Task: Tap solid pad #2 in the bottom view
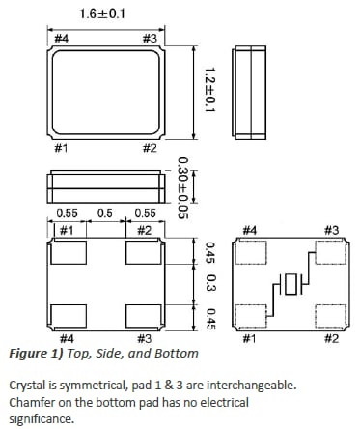click(x=143, y=256)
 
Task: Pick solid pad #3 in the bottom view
click(x=143, y=315)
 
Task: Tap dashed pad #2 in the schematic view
click(x=331, y=315)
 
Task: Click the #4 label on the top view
click(x=62, y=38)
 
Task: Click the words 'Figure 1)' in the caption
click(x=33, y=355)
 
